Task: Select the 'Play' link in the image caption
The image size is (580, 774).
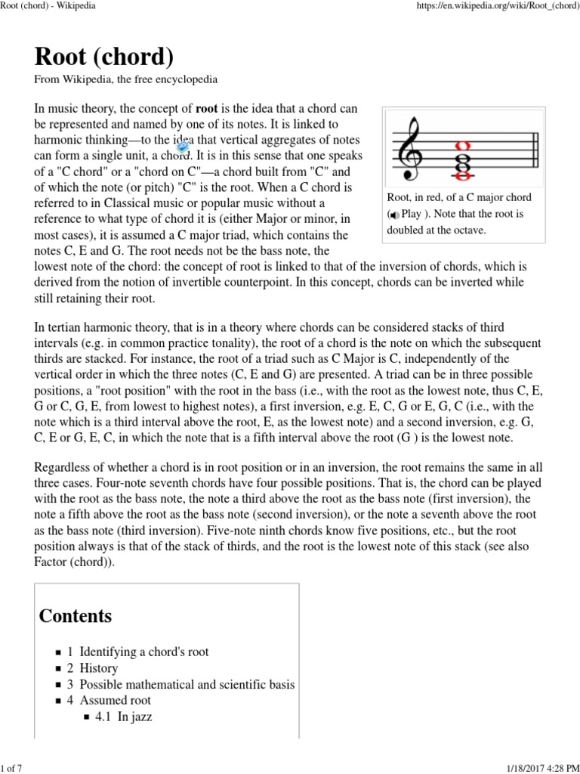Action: [412, 214]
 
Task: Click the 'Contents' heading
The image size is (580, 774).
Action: [76, 615]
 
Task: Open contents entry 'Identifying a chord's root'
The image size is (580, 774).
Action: [143, 652]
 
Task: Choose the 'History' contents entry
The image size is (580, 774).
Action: [98, 668]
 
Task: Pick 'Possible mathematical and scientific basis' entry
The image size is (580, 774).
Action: [187, 685]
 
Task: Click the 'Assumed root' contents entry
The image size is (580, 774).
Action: [115, 700]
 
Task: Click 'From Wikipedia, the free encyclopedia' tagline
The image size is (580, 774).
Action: [126, 79]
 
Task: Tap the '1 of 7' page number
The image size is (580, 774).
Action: [12, 769]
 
